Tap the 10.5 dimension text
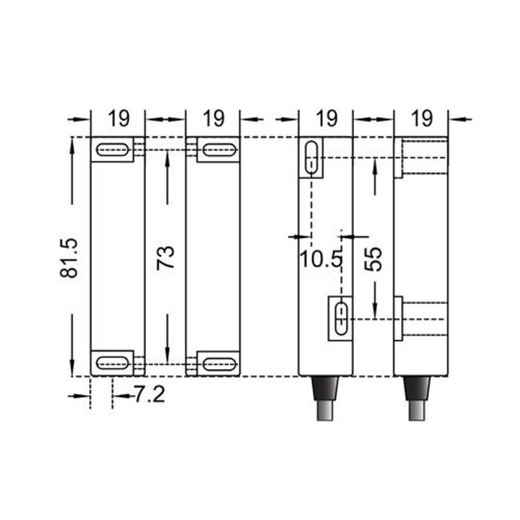click(322, 260)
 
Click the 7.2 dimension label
click(149, 394)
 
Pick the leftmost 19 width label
click(118, 118)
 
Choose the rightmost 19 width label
click(421, 118)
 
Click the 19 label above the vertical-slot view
click(325, 118)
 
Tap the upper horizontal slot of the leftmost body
click(112, 150)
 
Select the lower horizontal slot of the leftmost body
click(112, 363)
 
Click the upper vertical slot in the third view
click(313, 158)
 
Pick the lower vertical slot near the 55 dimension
click(340, 317)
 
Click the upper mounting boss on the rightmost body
click(398, 157)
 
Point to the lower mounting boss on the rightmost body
click(398, 317)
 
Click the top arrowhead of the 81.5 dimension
click(73, 143)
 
